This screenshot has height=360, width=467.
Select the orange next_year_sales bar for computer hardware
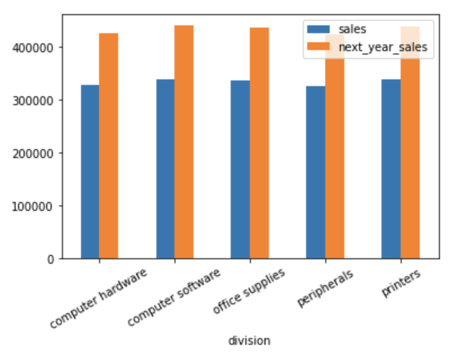pyautogui.click(x=109, y=146)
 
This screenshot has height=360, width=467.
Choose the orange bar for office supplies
pyautogui.click(x=259, y=143)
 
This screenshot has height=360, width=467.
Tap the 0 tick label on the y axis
pyautogui.click(x=51, y=259)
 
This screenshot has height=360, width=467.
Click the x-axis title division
pyautogui.click(x=249, y=341)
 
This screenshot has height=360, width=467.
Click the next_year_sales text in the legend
pyautogui.click(x=383, y=48)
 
